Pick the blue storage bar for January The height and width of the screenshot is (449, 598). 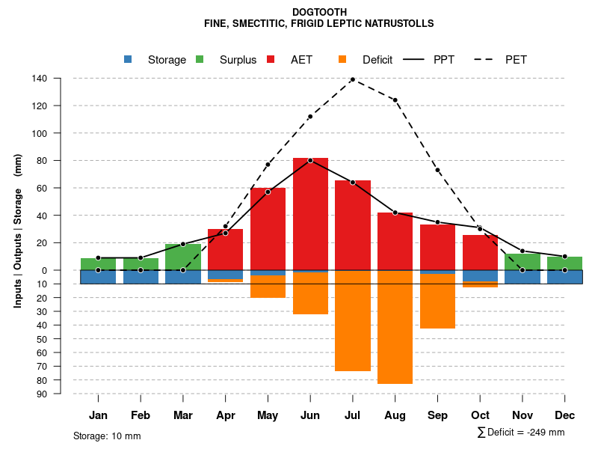point(98,277)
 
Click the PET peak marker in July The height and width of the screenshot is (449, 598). point(352,79)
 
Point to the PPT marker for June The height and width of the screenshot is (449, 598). point(310,160)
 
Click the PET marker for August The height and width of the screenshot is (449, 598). point(395,100)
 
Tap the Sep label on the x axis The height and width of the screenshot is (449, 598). point(437,415)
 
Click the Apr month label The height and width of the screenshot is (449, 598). point(225,415)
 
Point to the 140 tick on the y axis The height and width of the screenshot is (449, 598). point(40,79)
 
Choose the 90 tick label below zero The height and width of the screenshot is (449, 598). point(42,394)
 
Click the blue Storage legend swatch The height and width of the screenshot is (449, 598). point(129,60)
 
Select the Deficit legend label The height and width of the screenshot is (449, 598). point(377,60)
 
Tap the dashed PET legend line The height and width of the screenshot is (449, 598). point(483,60)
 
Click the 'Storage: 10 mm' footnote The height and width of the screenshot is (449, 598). point(107,436)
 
